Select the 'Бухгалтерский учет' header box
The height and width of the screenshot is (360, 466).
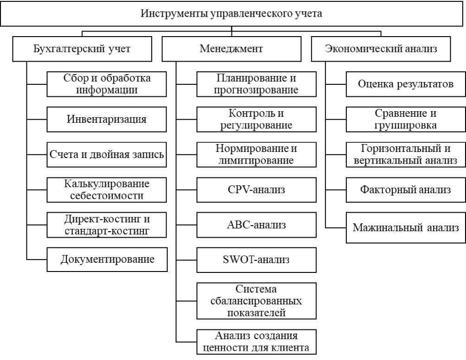click(x=82, y=49)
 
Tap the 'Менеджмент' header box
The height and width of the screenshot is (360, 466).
click(x=231, y=49)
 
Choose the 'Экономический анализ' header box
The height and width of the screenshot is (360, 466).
click(x=381, y=49)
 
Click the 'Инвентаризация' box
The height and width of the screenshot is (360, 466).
click(x=107, y=119)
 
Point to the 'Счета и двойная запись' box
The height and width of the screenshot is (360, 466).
click(x=107, y=154)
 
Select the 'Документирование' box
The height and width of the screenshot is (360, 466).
click(x=107, y=259)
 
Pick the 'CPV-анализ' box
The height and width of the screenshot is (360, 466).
click(x=256, y=190)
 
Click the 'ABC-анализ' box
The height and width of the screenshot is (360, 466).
click(x=256, y=225)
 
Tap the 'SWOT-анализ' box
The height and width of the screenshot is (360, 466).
click(x=256, y=259)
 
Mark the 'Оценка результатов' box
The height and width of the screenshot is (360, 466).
click(x=406, y=84)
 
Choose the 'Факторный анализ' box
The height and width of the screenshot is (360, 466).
click(x=406, y=189)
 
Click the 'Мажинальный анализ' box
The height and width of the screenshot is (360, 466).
click(x=406, y=228)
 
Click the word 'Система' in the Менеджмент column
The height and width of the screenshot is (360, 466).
click(x=256, y=290)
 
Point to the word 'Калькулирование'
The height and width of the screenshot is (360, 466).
click(x=107, y=184)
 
